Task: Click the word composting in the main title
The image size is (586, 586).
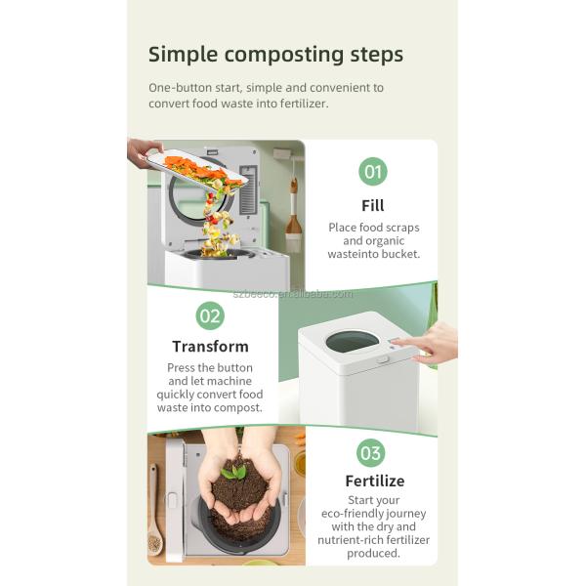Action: [x=283, y=55]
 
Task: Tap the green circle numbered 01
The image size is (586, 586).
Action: [x=373, y=172]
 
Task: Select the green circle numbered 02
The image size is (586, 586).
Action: [x=210, y=315]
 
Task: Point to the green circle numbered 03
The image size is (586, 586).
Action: [x=370, y=453]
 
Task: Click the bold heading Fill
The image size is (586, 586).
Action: [x=373, y=205]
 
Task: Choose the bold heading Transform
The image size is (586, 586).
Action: [x=210, y=347]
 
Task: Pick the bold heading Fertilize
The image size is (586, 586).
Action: [x=375, y=481]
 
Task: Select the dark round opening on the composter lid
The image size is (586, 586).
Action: [x=352, y=342]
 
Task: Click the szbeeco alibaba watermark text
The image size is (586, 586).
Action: [x=293, y=294]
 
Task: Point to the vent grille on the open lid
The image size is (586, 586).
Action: [x=247, y=189]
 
